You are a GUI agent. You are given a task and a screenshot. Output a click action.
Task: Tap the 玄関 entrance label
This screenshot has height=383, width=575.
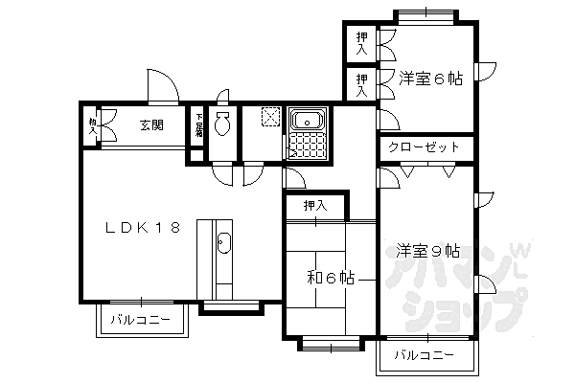150,124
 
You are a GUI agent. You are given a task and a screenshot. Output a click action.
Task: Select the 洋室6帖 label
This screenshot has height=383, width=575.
430,79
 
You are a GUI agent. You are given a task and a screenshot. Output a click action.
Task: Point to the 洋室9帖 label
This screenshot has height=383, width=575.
427,251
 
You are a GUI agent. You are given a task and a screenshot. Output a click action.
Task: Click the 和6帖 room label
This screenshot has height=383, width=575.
331,278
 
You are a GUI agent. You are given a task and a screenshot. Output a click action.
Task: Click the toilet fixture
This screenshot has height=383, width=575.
222,124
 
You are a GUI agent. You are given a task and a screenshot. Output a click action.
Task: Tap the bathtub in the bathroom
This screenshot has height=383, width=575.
307,122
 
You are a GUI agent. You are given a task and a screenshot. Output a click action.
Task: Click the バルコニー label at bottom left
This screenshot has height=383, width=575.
140,320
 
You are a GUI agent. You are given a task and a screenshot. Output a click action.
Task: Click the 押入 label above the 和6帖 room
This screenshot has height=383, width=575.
315,205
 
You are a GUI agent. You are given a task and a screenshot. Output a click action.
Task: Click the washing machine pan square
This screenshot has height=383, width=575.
270,118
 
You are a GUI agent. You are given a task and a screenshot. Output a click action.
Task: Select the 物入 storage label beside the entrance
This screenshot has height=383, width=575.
92,125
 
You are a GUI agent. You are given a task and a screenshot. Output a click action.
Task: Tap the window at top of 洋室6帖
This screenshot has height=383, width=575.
425,15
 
